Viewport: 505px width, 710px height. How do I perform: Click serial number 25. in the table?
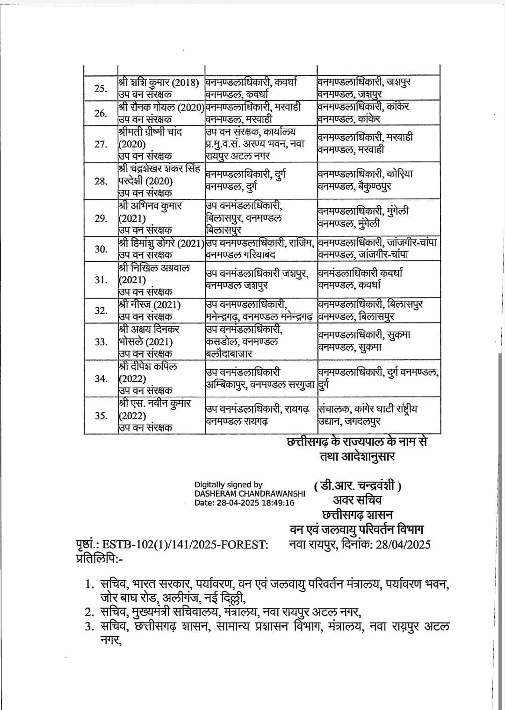(100, 88)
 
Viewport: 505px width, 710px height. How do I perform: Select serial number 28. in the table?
(100, 181)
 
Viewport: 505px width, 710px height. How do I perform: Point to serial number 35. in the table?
(101, 416)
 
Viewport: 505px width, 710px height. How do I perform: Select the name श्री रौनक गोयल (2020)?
(161, 107)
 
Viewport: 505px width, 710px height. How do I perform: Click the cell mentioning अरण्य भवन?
(255, 144)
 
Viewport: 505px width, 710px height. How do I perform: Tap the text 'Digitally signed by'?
(228, 485)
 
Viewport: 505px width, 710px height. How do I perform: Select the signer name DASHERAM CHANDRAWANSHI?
(250, 494)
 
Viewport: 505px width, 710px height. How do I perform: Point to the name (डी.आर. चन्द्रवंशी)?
(358, 486)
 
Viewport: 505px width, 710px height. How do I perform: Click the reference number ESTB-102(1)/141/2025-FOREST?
(185, 544)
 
